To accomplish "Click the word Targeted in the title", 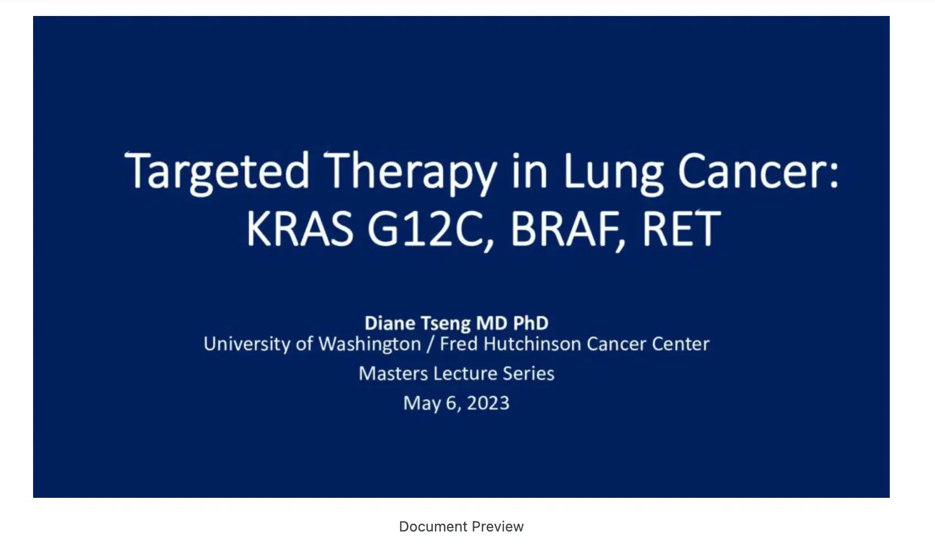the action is coord(217,173).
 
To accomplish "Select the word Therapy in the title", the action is coord(410,173).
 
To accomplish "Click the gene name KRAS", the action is coord(300,228).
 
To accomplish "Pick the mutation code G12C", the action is coord(431,229).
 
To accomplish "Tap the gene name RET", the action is coord(681,228).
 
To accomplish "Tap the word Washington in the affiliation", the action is coord(370,345).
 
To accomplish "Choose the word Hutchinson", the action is coord(532,344).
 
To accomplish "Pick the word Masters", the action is coord(393,374).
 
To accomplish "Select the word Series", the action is coord(529,374).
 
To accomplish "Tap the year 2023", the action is coord(488,403).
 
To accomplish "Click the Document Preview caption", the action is coord(461,526).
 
